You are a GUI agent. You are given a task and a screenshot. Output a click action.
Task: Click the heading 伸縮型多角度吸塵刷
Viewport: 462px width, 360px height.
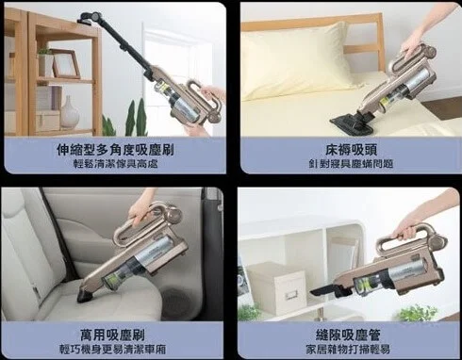coord(115,150)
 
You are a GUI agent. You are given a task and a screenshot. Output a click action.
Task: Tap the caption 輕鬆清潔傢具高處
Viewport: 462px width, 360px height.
coord(115,164)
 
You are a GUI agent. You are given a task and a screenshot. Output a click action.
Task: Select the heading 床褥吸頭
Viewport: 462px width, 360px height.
coord(351,150)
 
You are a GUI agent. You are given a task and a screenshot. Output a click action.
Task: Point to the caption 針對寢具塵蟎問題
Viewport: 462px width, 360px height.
coord(351,164)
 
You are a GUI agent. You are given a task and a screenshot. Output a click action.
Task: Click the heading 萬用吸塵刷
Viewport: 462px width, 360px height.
coord(112,335)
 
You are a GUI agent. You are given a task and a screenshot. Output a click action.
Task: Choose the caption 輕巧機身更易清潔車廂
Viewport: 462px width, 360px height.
coord(112,349)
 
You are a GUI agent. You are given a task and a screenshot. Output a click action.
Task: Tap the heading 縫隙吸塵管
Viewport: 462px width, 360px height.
coord(348,335)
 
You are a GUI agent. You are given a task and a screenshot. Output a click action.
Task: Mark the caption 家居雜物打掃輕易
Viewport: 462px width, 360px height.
coord(348,349)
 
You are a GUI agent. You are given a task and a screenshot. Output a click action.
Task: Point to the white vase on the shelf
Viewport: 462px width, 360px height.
coord(70,112)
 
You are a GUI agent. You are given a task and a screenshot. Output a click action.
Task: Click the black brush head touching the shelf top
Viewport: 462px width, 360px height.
coord(90,18)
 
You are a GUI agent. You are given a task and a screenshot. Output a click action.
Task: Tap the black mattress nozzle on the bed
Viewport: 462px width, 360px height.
coord(353,123)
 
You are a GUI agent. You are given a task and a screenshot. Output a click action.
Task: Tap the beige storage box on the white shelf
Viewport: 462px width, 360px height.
coord(276,288)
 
